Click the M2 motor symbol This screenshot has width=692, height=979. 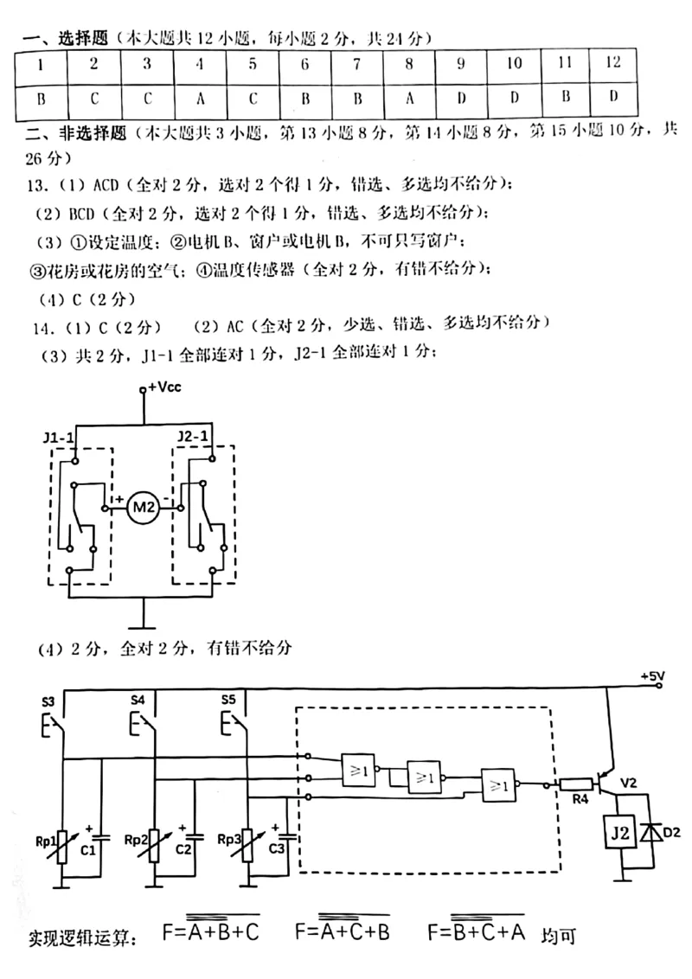pyautogui.click(x=143, y=508)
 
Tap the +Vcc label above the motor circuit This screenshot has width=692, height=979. pyautogui.click(x=165, y=387)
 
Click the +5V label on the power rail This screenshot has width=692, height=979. pyautogui.click(x=652, y=675)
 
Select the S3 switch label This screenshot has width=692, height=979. pyautogui.click(x=49, y=700)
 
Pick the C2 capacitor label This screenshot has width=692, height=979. pyautogui.click(x=183, y=849)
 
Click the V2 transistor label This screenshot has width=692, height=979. pyautogui.click(x=629, y=783)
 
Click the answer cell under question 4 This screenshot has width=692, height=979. pyautogui.click(x=200, y=98)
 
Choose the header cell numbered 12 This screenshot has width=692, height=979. pyautogui.click(x=613, y=62)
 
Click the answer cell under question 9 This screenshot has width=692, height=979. pyautogui.click(x=461, y=98)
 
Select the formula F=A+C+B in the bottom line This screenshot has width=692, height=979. pyautogui.click(x=343, y=931)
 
